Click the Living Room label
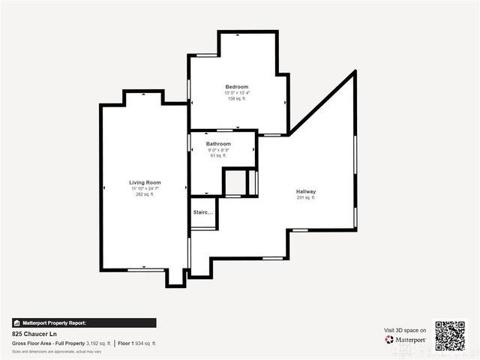[145, 182]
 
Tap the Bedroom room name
[237, 87]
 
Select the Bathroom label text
[218, 143]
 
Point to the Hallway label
[306, 191]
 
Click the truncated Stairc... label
[203, 213]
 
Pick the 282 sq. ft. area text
[145, 194]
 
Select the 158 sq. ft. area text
[237, 98]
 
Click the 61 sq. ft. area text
[218, 155]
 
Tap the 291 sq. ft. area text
[306, 198]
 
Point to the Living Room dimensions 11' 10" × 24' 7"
[145, 188]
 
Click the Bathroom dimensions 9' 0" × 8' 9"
[218, 149]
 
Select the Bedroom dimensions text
[237, 93]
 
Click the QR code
[450, 335]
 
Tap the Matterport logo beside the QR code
[406, 339]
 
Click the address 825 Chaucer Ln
[34, 334]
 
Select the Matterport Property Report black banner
[84, 322]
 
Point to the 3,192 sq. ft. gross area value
[98, 343]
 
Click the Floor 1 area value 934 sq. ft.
[145, 343]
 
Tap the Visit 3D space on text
[405, 330]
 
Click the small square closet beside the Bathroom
[235, 183]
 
